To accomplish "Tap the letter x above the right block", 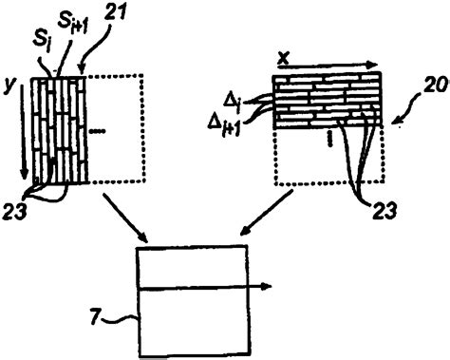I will click(283, 58).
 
